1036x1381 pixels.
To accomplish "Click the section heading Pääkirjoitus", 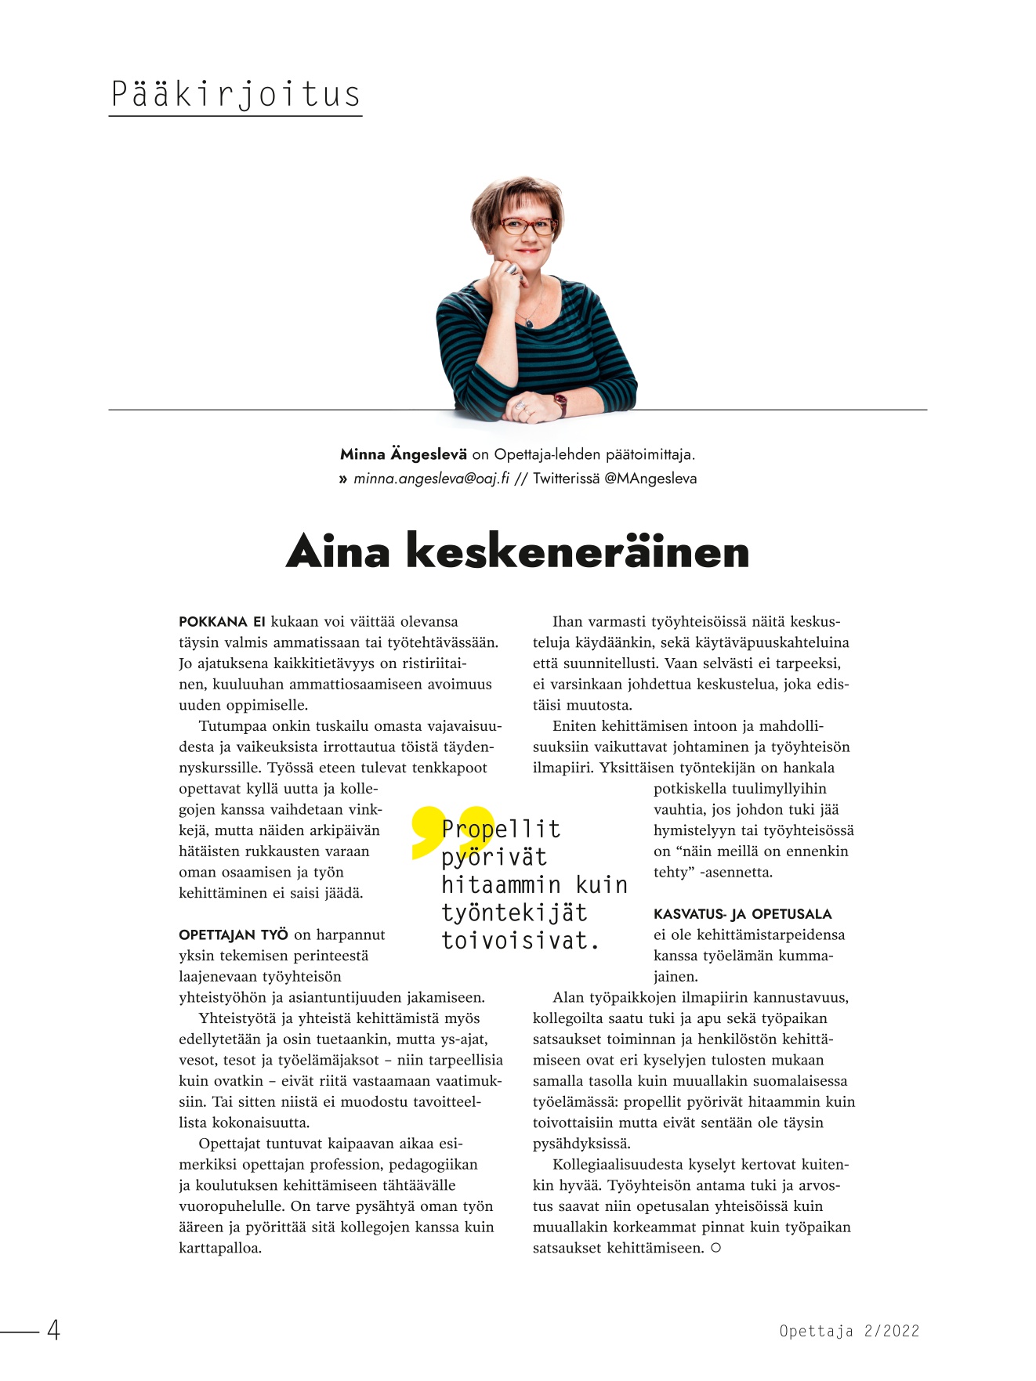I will [x=235, y=95].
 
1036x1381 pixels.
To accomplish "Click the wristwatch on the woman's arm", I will [x=560, y=403].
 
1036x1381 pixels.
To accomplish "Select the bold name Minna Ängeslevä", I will [x=403, y=454].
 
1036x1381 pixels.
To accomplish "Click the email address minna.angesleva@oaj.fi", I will [x=431, y=479].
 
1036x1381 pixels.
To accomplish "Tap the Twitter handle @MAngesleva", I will [x=650, y=479].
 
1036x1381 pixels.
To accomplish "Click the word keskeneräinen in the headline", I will [x=578, y=551].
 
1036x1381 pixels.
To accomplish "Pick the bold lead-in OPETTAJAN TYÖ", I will [x=233, y=935].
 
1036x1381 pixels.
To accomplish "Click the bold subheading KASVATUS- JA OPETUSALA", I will [x=742, y=914].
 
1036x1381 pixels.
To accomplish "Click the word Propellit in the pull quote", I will [x=502, y=829].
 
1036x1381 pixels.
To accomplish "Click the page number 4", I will [x=53, y=1330].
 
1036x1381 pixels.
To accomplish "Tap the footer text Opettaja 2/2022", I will [x=849, y=1331].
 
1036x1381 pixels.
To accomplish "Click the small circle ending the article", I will [x=715, y=1248].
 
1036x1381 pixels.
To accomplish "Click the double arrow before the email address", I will [x=342, y=479].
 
